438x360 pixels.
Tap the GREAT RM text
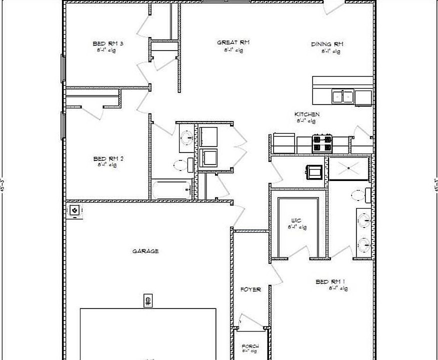233,42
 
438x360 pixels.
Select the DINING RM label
327,44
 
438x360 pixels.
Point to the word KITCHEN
306,114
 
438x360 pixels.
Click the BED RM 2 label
108,159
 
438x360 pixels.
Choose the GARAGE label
145,251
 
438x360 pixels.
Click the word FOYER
250,289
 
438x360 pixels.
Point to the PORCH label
250,346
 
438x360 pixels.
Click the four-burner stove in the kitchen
322,143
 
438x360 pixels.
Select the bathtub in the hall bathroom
171,190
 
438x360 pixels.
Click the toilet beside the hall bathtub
182,164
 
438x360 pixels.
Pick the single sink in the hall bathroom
186,137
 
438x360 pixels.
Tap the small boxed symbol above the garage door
148,300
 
